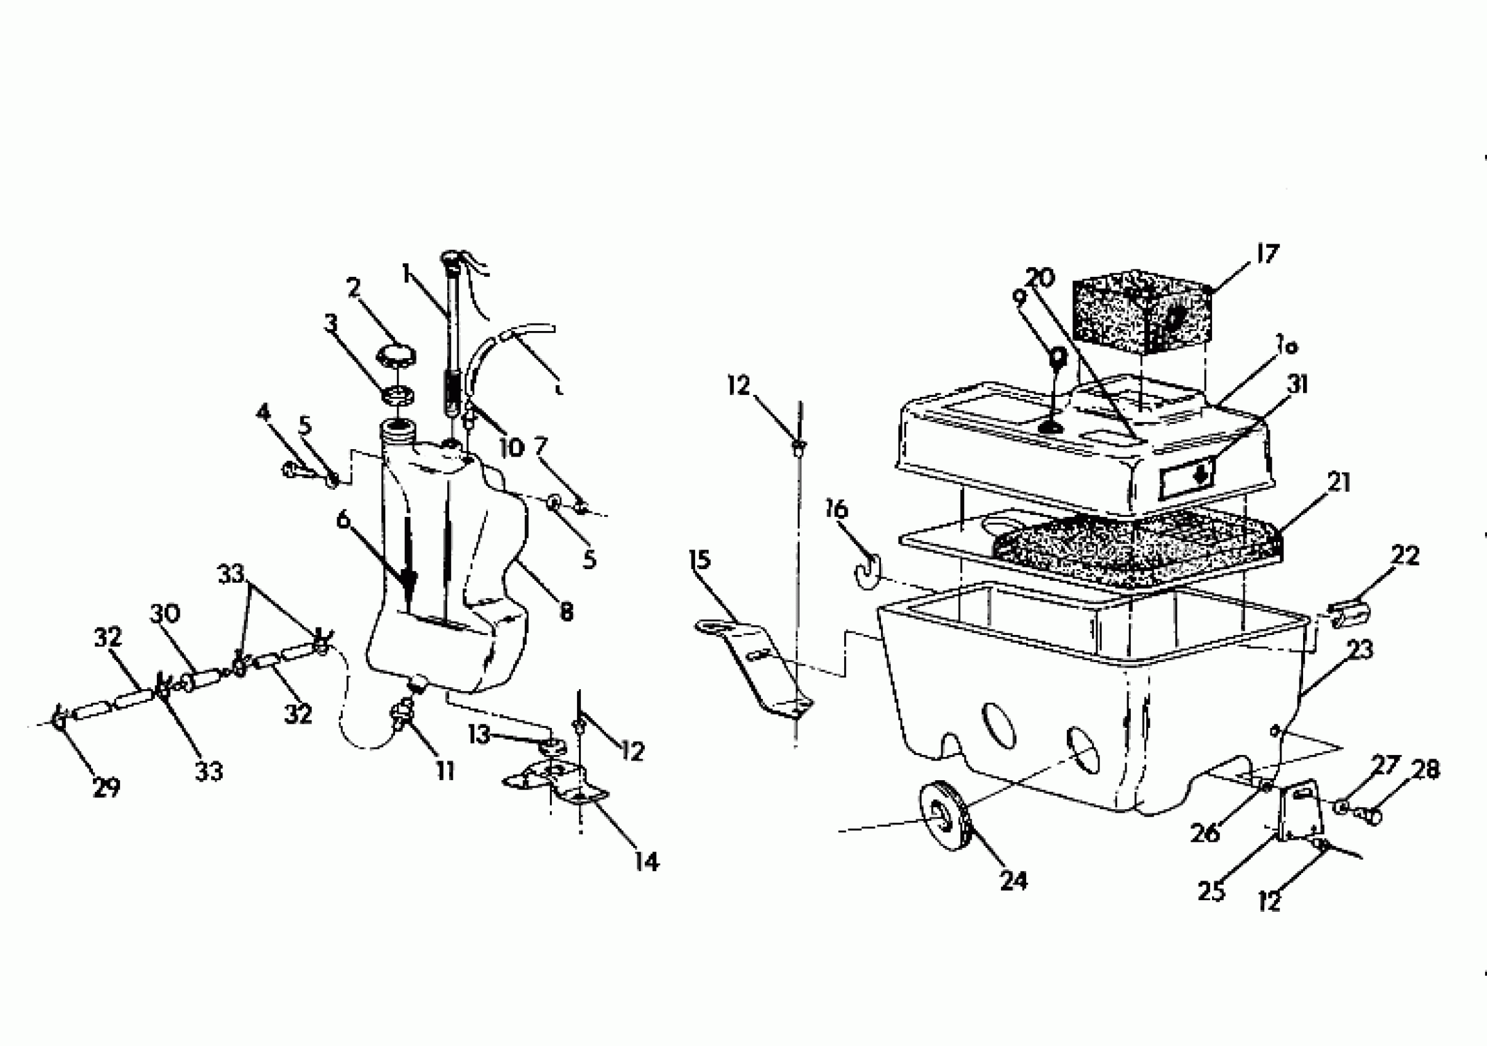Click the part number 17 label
coord(1267,254)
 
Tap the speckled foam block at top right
coord(1141,315)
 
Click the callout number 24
coord(1013,880)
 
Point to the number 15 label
coord(700,559)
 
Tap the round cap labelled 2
coord(396,355)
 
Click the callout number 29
coord(107,788)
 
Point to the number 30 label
coord(165,613)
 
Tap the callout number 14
coord(647,861)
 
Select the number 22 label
coord(1405,555)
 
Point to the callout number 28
coord(1425,770)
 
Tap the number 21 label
coord(1339,482)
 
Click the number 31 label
coord(1298,385)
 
